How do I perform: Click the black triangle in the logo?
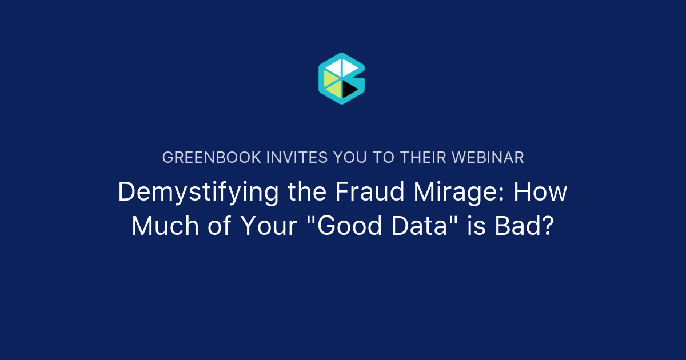click(x=349, y=89)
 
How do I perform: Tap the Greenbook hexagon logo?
click(x=341, y=79)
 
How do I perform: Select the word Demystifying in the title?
click(x=198, y=193)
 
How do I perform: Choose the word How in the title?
click(x=540, y=192)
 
